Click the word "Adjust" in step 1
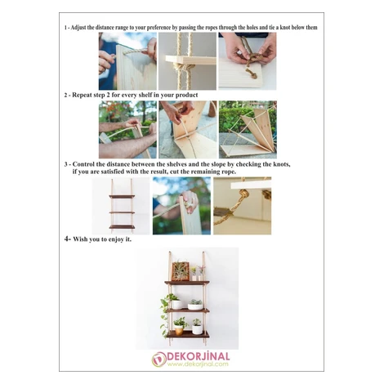click(78, 28)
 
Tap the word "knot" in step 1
click(285, 28)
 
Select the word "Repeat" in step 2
click(81, 96)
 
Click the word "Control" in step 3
click(83, 164)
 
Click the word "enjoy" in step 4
click(116, 239)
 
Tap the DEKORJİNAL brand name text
click(198, 356)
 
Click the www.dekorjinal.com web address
click(198, 364)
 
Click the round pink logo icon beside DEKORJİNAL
click(159, 359)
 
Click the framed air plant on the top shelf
click(181, 271)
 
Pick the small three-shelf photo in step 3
click(121, 206)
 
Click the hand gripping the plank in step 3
click(190, 202)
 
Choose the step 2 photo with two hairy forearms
click(127, 130)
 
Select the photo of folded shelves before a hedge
click(248, 130)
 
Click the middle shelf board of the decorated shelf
click(187, 310)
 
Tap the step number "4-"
click(68, 239)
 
